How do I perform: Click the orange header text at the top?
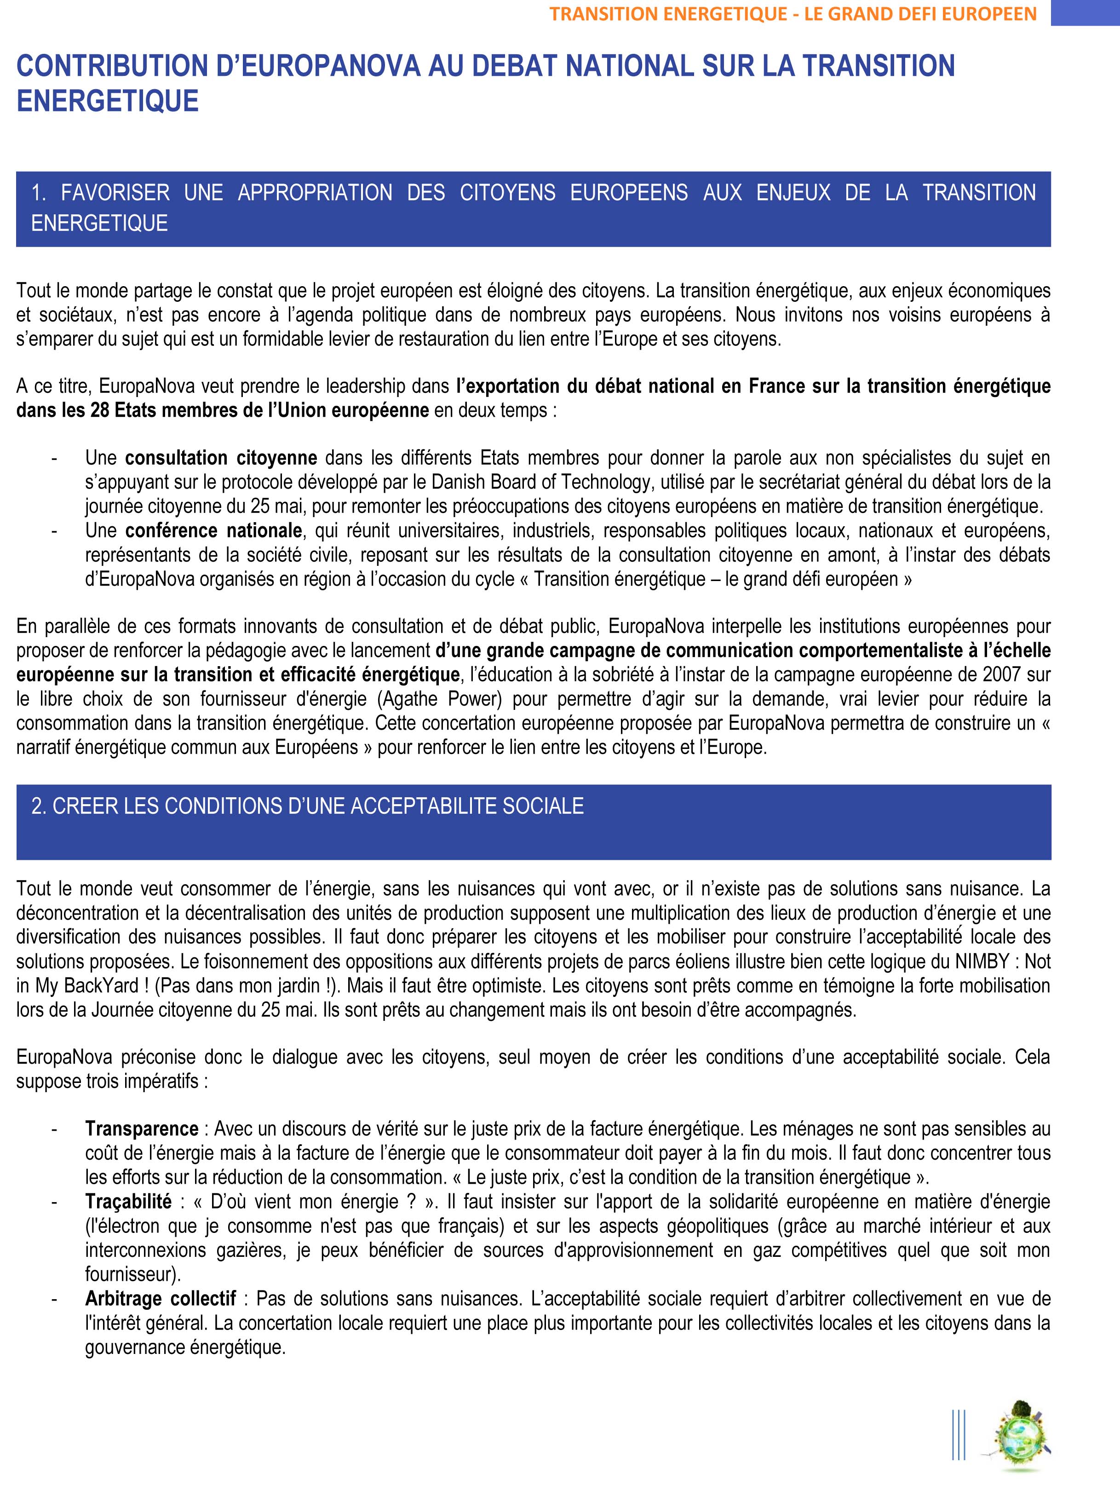coord(793,13)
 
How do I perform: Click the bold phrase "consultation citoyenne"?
coord(221,458)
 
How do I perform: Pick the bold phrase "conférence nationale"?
coord(213,530)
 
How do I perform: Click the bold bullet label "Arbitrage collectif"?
coord(161,1299)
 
